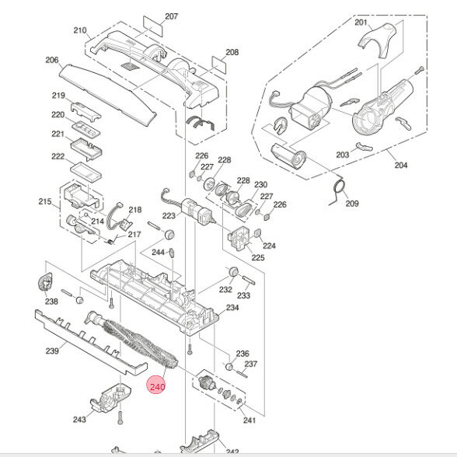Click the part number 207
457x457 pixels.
click(x=172, y=16)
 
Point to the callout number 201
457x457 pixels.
click(x=361, y=23)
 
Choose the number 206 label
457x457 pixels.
click(x=52, y=60)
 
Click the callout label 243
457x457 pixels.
click(x=79, y=420)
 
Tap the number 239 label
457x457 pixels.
click(x=52, y=351)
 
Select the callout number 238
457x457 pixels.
click(x=51, y=302)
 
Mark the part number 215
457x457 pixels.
click(x=44, y=202)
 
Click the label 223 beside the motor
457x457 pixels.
click(x=169, y=216)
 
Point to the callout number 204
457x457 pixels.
click(x=401, y=166)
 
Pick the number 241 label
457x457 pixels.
click(x=249, y=420)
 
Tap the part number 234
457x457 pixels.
click(x=232, y=308)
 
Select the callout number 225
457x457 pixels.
click(x=257, y=257)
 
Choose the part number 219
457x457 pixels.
click(x=58, y=96)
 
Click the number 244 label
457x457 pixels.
click(x=158, y=253)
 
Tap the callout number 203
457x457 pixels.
click(x=343, y=155)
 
